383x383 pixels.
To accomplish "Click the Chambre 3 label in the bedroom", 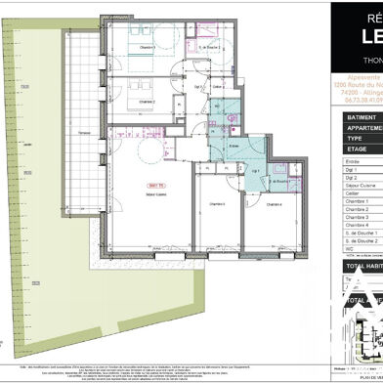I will pos(147,47).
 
